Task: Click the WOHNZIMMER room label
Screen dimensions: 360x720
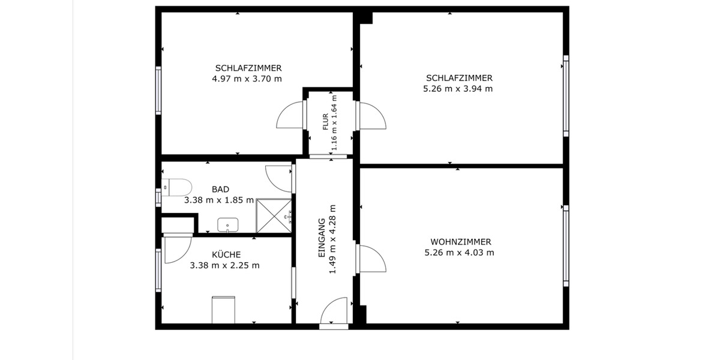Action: click(x=460, y=242)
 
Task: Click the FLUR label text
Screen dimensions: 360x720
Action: click(x=326, y=122)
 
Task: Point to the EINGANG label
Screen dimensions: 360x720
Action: click(x=321, y=238)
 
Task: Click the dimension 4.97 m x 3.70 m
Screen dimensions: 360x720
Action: click(x=247, y=79)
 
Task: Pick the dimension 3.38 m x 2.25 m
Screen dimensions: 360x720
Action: click(x=224, y=265)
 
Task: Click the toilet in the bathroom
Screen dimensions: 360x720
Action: click(x=178, y=188)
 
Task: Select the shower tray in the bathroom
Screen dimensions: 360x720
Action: click(x=274, y=215)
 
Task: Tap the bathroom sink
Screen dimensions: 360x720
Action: click(x=227, y=226)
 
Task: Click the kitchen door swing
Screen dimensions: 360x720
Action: click(x=176, y=249)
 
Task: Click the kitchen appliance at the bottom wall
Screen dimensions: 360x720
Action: click(x=223, y=310)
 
